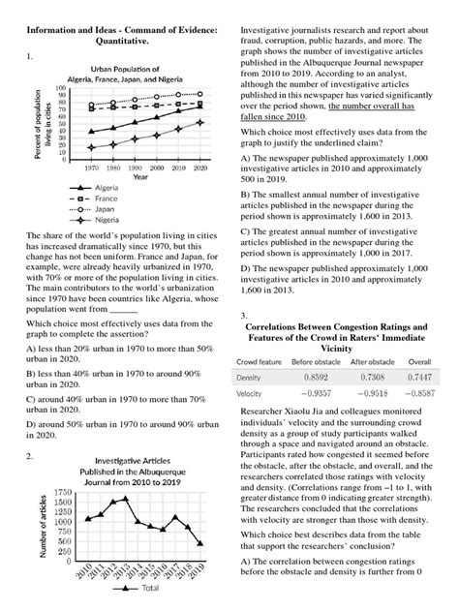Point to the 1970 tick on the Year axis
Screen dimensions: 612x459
point(90,167)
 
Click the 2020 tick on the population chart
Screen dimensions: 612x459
point(199,167)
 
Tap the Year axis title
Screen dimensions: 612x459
point(140,176)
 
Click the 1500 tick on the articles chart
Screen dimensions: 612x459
point(63,503)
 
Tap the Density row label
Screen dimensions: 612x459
point(250,377)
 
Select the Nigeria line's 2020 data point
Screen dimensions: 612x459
point(199,123)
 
